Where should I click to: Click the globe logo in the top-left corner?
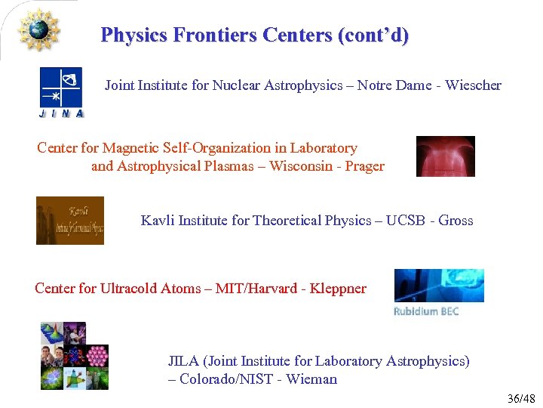(x=37, y=29)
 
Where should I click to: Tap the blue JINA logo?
(x=61, y=93)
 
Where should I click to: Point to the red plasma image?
(x=445, y=156)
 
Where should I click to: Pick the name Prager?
(x=364, y=166)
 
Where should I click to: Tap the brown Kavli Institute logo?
(x=70, y=221)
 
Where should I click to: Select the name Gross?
(x=456, y=221)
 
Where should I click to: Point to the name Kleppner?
(x=337, y=289)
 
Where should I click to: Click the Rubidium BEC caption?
(x=426, y=311)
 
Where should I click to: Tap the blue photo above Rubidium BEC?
(x=439, y=286)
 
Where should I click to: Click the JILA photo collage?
(x=74, y=356)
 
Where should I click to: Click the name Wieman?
(x=312, y=379)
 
